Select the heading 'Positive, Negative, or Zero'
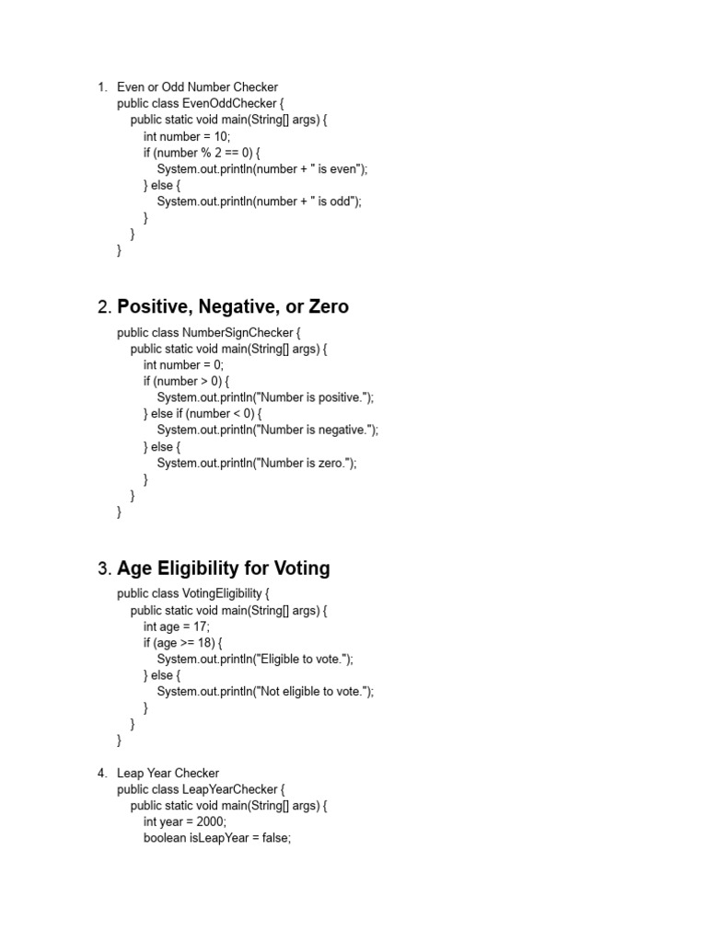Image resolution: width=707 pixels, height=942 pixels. [x=233, y=306]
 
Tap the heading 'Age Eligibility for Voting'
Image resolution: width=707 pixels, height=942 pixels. [x=223, y=569]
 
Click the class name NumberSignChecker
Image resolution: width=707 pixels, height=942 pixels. [x=238, y=332]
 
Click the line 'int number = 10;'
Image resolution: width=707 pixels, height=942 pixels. [x=187, y=136]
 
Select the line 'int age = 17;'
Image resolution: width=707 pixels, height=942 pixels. [x=177, y=626]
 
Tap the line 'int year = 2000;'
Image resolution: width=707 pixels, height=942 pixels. [x=184, y=821]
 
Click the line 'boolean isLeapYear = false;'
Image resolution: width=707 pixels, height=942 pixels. [x=217, y=838]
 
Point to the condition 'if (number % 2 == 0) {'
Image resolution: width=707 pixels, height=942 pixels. [x=202, y=153]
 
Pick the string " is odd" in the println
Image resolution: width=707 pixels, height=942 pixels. [x=333, y=201]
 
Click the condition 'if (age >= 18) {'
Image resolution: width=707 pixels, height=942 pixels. [x=182, y=643]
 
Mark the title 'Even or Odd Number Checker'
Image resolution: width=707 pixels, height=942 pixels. [x=197, y=87]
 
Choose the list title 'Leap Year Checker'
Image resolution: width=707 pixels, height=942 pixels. [x=168, y=773]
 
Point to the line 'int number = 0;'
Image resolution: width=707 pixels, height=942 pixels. [x=183, y=364]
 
